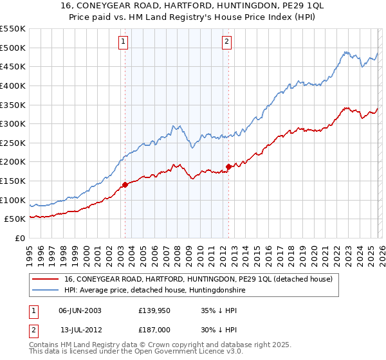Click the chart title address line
(x=193, y=6)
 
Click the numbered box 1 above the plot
(x=123, y=42)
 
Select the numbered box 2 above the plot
(x=227, y=42)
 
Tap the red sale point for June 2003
(x=125, y=185)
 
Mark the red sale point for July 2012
(x=228, y=167)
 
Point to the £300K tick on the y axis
(x=14, y=123)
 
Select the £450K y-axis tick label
(x=14, y=66)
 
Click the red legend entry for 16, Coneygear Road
(x=198, y=279)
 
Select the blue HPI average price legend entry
(x=154, y=291)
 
